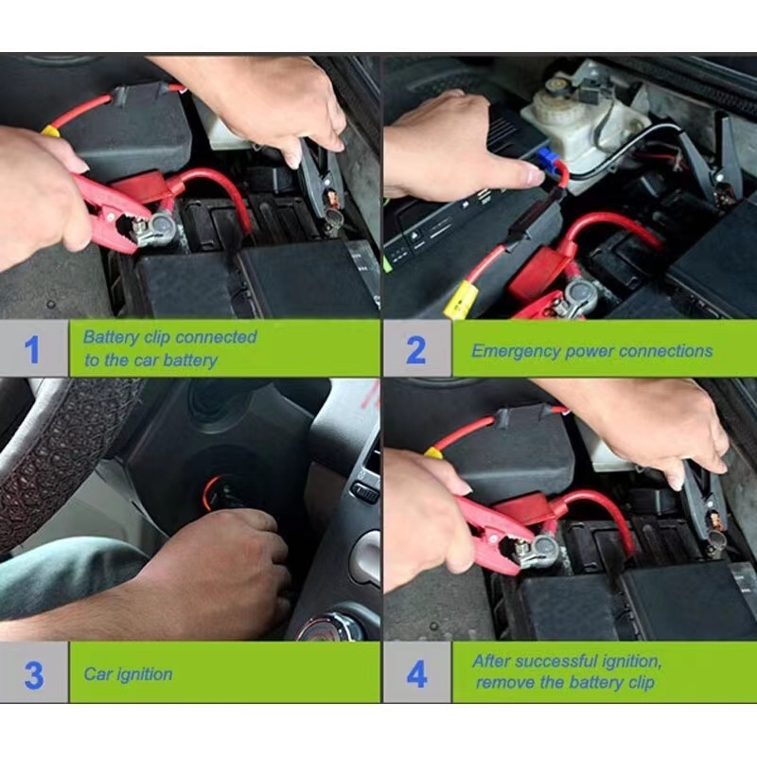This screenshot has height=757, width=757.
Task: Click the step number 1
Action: [x=32, y=349]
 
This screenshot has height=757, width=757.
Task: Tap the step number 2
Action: [x=415, y=349]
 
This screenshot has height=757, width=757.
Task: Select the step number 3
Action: [x=33, y=674]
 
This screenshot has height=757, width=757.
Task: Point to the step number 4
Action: [x=416, y=674]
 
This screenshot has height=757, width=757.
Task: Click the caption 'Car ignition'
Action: [x=128, y=674]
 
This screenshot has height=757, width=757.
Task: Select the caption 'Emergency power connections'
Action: [x=591, y=350]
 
